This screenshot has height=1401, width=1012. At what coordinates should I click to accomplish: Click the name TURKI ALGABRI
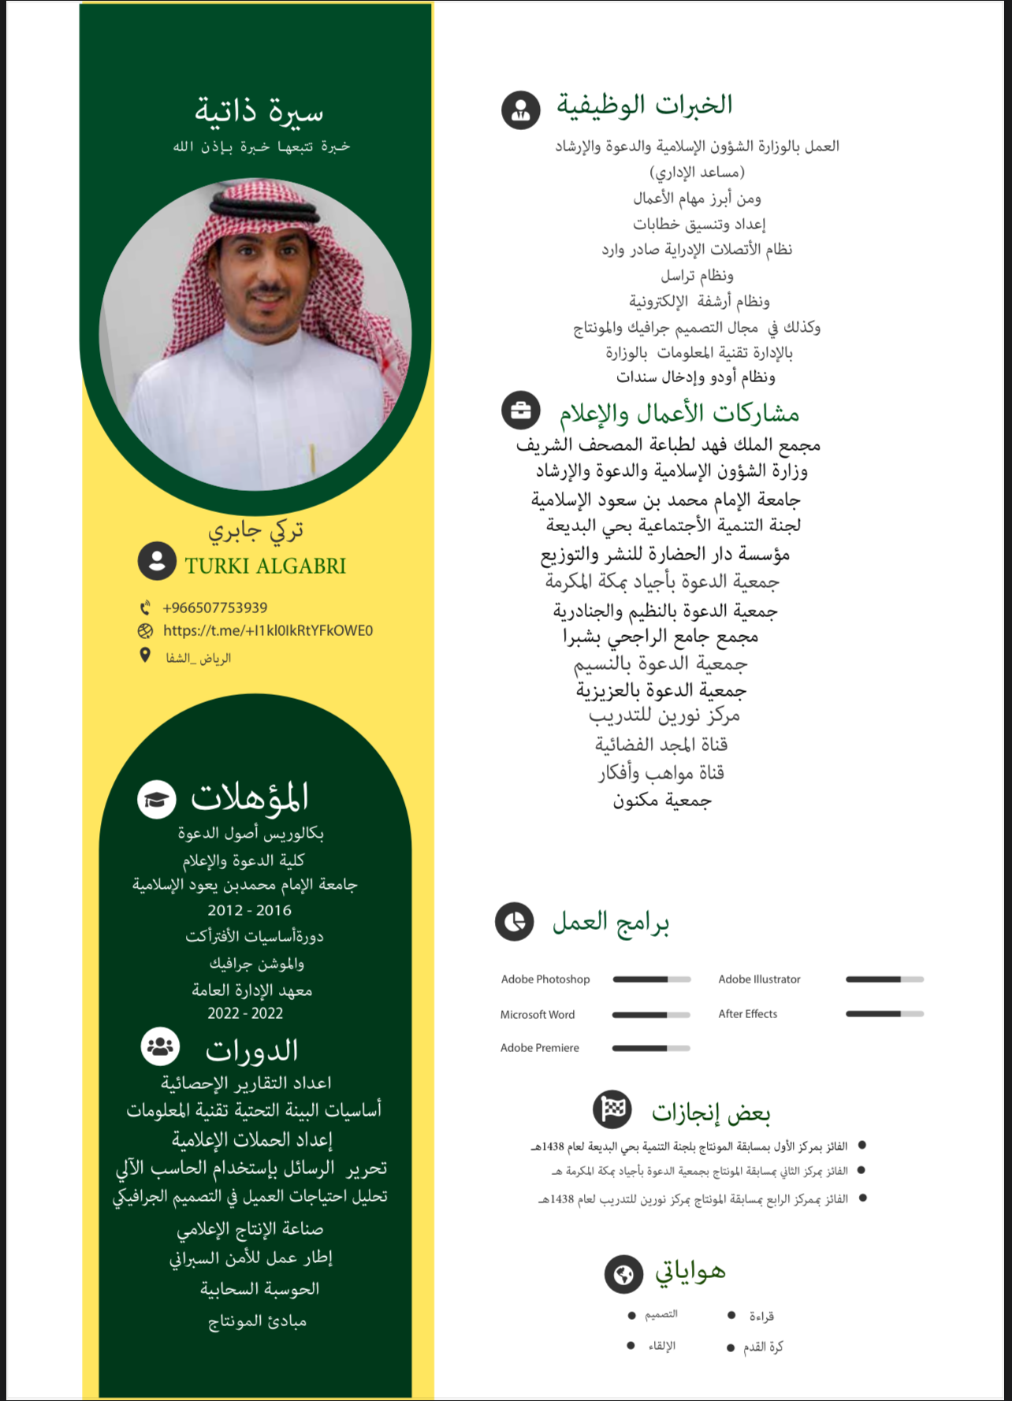[265, 566]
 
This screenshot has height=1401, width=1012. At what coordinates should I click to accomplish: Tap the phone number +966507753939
[214, 608]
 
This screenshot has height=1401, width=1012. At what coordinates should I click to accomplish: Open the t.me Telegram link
[267, 630]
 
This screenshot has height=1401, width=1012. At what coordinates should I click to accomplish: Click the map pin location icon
[145, 656]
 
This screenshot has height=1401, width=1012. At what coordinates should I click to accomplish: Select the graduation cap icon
[157, 799]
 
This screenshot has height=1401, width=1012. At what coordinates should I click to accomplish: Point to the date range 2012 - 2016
[249, 910]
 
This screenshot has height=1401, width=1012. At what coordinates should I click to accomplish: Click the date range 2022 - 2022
[245, 1013]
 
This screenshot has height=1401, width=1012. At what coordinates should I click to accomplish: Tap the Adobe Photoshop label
[545, 979]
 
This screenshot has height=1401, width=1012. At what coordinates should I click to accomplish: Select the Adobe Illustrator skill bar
[884, 979]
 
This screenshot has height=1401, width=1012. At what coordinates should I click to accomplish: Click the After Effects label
[747, 1014]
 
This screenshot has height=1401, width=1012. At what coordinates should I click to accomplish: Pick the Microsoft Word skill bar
[651, 1015]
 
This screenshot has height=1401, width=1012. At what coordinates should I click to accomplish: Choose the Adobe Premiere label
[540, 1048]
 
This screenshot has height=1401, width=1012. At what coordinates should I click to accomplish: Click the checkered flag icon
[612, 1109]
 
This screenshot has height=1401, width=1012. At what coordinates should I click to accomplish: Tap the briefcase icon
[521, 411]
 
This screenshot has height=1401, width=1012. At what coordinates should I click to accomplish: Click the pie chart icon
[515, 922]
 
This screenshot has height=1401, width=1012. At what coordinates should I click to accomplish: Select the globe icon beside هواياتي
[623, 1274]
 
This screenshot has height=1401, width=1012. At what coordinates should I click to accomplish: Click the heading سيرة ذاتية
[259, 111]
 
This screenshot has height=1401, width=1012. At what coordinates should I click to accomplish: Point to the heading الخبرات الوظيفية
[645, 104]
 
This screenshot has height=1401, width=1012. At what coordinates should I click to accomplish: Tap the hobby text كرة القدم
[763, 1347]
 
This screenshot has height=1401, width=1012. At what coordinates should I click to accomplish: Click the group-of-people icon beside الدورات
[160, 1046]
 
